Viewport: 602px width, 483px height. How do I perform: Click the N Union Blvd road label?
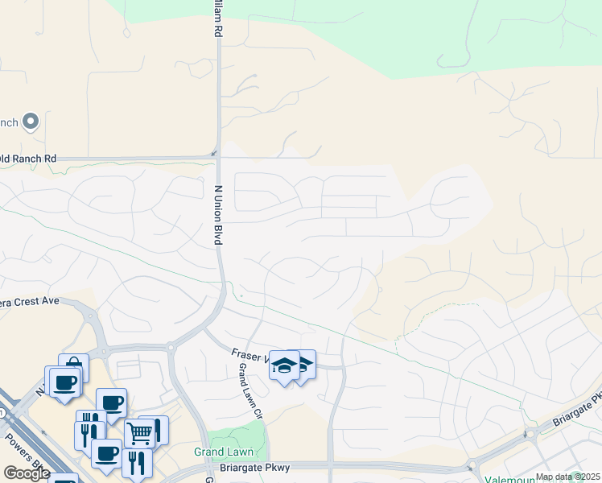(x=217, y=215)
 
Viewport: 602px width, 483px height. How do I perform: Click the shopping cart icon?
(x=140, y=434)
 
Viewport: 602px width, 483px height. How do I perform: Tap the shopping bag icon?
(x=74, y=367)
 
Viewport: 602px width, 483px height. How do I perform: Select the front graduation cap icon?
(x=284, y=366)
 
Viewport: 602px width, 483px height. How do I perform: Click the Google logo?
(x=27, y=473)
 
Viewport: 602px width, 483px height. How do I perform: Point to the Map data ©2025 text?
(x=567, y=477)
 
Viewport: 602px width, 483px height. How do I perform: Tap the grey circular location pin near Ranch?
(x=31, y=122)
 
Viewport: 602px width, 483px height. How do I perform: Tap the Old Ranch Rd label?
(x=29, y=159)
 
